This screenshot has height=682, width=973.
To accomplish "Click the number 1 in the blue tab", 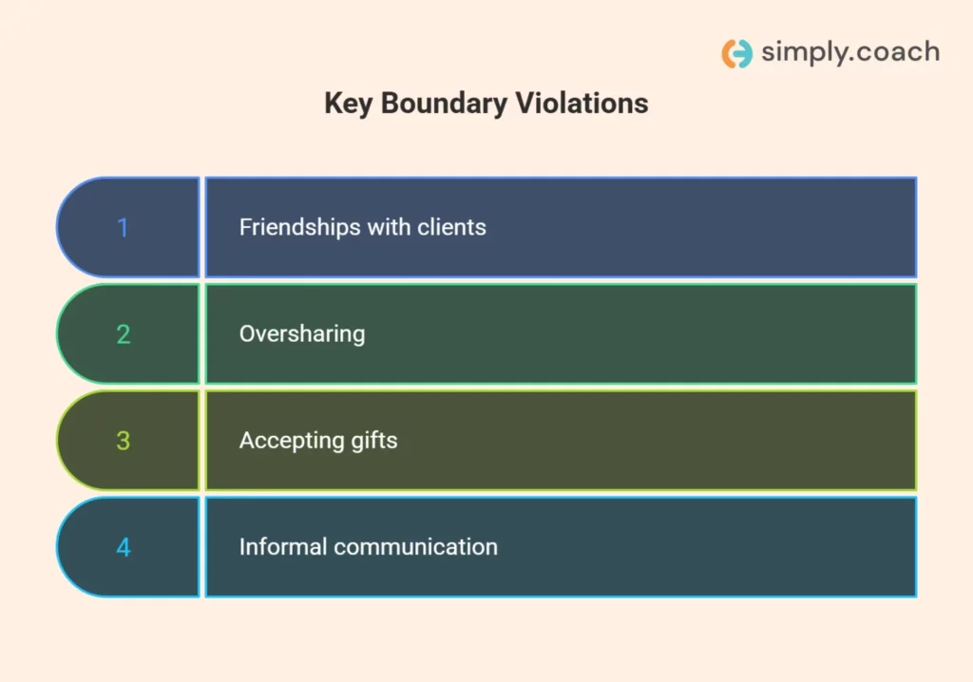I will click(x=123, y=228).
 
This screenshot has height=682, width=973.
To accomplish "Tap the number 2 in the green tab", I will click(x=123, y=334).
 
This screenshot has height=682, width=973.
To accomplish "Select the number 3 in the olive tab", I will click(x=123, y=441).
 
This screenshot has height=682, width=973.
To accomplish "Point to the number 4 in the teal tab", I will click(x=123, y=547).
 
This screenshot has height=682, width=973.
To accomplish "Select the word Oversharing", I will click(x=302, y=334).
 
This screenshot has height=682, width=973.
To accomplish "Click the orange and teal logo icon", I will click(x=736, y=53).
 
